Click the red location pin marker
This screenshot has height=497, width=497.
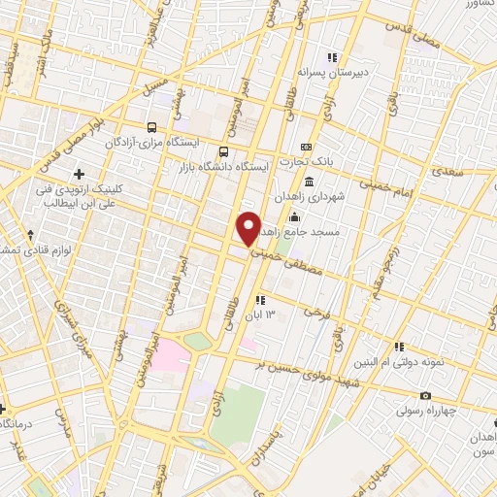coord(249,228)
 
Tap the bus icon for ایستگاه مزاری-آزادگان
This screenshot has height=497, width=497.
coord(150,126)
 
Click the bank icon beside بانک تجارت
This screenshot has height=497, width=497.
coord(306,147)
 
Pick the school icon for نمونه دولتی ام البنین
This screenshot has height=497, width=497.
coord(399,347)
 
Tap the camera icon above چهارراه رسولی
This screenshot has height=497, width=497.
coord(425,395)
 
